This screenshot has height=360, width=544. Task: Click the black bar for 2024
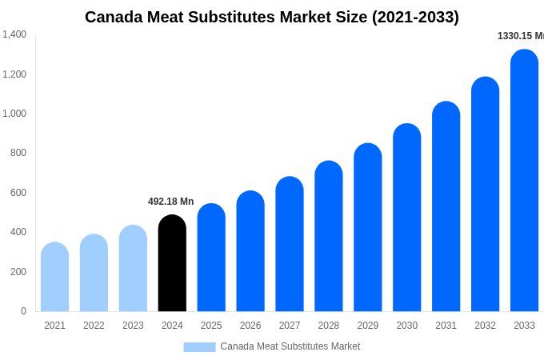click(x=172, y=264)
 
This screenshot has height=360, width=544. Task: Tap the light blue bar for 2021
click(x=54, y=278)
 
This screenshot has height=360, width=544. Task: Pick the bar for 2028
click(x=329, y=237)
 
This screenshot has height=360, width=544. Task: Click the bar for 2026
click(x=250, y=252)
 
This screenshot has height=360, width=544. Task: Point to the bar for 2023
click(x=133, y=269)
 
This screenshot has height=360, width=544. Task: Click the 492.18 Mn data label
click(x=170, y=202)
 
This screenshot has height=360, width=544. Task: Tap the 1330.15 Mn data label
click(x=520, y=36)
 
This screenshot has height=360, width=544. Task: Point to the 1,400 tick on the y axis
click(x=14, y=34)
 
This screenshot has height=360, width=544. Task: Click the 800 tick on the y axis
click(x=18, y=153)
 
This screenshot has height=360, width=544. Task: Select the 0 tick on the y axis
click(x=23, y=311)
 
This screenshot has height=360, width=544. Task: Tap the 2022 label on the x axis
click(x=94, y=326)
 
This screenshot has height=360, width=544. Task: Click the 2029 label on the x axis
click(x=368, y=326)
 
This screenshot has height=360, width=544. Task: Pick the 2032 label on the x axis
click(x=485, y=326)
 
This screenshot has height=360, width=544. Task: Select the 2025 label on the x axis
click(x=211, y=326)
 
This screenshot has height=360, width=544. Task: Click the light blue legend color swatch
click(x=199, y=347)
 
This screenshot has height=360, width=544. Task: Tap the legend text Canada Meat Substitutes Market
click(x=290, y=346)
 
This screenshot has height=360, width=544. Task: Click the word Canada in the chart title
click(x=115, y=17)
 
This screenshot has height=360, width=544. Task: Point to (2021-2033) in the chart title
click(x=415, y=17)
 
